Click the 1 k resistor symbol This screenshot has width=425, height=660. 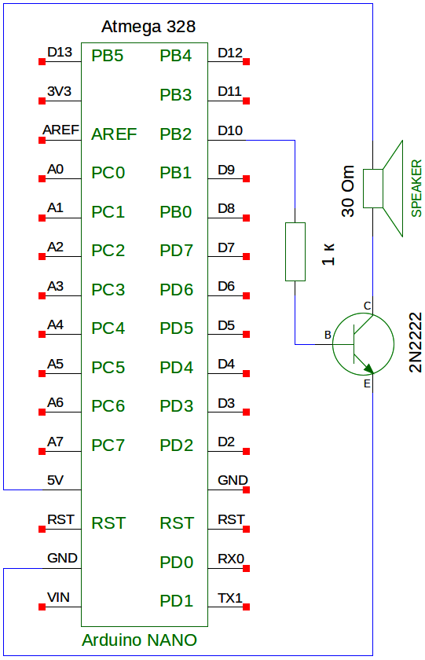click(295, 251)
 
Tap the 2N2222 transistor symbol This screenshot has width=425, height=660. click(363, 344)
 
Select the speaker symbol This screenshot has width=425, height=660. click(383, 188)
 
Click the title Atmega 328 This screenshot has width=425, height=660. click(148, 27)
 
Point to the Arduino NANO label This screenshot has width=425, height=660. click(139, 640)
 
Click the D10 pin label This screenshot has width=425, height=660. click(230, 131)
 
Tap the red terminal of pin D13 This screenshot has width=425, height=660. click(42, 62)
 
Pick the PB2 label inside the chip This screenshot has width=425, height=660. click(175, 134)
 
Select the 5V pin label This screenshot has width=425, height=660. click(55, 480)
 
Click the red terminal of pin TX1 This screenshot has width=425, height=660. click(247, 607)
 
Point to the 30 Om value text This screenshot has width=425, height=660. click(348, 192)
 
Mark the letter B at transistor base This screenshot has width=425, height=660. click(328, 335)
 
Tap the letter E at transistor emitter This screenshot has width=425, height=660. click(367, 384)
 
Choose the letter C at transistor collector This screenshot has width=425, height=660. click(367, 306)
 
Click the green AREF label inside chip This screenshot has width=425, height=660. click(114, 134)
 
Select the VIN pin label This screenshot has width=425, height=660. click(58, 597)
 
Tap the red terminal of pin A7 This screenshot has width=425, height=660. click(42, 451)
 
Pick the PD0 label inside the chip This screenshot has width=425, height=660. click(176, 563)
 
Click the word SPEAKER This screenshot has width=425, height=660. click(416, 188)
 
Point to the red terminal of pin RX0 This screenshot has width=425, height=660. click(247, 568)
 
